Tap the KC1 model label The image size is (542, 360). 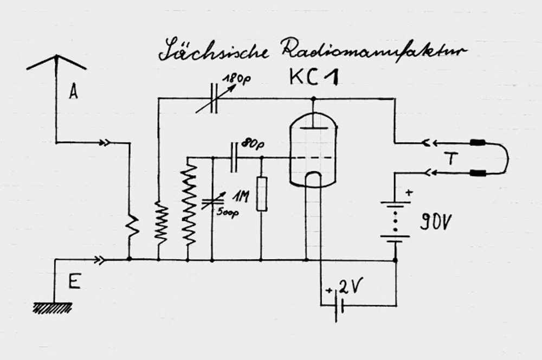click(315, 78)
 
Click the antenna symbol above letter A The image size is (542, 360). click(56, 62)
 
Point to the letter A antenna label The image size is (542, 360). click(73, 92)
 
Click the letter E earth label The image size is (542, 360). click(74, 282)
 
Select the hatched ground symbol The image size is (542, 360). click(53, 308)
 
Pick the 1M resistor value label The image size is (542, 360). click(241, 197)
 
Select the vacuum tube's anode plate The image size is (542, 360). click(313, 128)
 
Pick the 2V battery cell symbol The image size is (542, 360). click(339, 307)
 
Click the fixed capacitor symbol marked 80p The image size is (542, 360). click(235, 157)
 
